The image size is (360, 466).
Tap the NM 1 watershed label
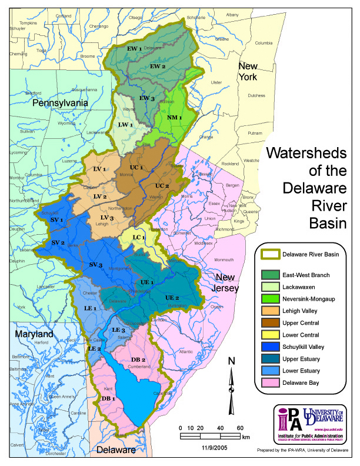(175, 118)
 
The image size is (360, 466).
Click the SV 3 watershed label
(96, 265)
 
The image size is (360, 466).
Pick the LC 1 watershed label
(139, 238)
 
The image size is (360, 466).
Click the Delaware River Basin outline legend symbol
(273, 254)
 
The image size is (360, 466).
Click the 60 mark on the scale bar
(241, 428)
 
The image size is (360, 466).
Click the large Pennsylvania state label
(59, 103)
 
